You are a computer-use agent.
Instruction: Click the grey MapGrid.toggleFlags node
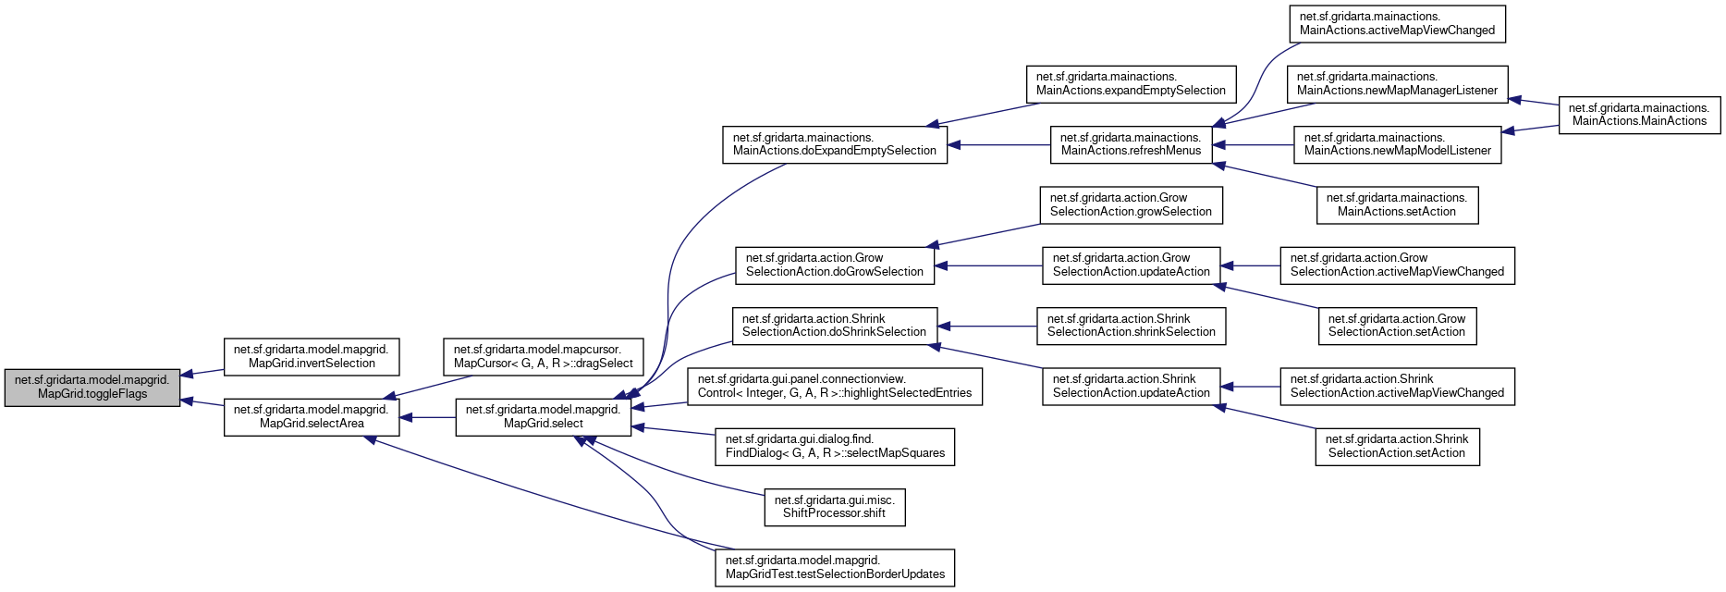92,387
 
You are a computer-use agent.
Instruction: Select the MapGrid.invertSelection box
312,356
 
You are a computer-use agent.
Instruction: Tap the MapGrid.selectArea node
312,416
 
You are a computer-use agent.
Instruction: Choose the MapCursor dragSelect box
544,356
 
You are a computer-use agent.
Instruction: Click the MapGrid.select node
543,416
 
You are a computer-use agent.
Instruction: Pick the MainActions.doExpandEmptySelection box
834,144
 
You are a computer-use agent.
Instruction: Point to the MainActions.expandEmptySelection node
1131,83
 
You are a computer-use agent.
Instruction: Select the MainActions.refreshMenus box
1131,144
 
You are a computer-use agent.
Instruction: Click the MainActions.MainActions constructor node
1639,115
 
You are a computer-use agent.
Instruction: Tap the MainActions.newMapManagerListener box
1397,83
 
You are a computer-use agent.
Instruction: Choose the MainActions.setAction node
1397,204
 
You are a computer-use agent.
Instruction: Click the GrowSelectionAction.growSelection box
1131,204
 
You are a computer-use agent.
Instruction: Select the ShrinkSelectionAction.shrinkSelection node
1131,326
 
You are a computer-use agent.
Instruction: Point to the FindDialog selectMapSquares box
834,447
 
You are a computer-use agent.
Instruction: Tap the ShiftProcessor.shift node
834,507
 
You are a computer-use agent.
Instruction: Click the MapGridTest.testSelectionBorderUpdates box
834,567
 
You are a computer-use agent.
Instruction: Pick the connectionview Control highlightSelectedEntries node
834,386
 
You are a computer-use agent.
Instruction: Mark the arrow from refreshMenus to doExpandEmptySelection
998,145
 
